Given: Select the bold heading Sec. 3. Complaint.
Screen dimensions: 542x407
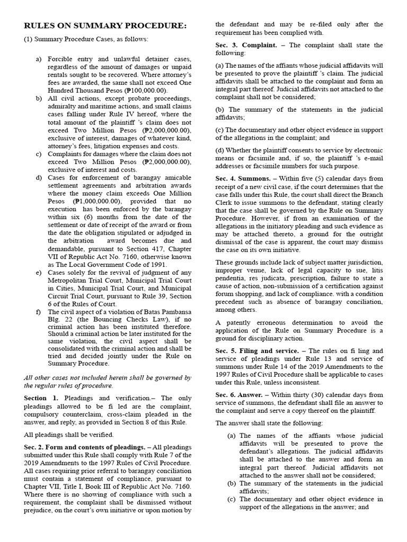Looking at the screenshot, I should tap(246, 46).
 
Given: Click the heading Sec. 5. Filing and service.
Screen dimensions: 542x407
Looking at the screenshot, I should tap(259, 351).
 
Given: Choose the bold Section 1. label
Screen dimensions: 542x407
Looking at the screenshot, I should tap(41, 398).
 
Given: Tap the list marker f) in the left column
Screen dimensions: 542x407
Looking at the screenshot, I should tap(39, 312).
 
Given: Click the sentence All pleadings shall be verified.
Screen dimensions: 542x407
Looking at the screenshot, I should tap(69, 435).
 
